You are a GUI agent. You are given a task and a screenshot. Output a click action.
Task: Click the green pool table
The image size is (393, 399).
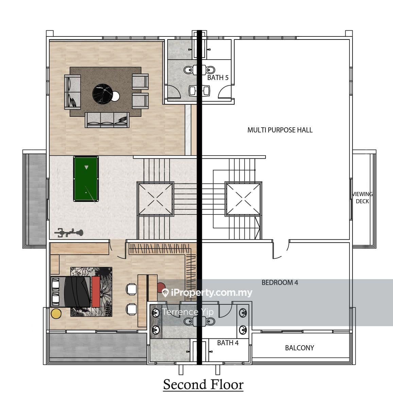tap(86, 179)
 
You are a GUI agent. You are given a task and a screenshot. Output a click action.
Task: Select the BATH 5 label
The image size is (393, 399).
tap(218, 78)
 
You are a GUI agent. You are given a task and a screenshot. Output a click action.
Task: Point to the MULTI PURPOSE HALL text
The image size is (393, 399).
tap(280, 130)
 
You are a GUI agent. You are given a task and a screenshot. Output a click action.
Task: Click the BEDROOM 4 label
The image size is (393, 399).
tap(279, 282)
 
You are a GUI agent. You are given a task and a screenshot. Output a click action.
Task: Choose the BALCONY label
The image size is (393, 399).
tap(299, 348)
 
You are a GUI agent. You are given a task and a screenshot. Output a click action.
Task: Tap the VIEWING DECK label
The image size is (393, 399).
tap(362, 197)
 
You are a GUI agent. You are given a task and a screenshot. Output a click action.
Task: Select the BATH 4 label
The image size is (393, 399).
tap(228, 343)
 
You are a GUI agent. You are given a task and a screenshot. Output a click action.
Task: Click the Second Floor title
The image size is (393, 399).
tap(203, 384)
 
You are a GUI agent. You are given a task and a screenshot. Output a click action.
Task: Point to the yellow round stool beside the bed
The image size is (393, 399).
tap(56, 313)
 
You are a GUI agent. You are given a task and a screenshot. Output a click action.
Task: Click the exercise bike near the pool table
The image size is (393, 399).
tap(69, 233)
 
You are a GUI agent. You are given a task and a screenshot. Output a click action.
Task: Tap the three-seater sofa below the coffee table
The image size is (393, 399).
tap(107, 120)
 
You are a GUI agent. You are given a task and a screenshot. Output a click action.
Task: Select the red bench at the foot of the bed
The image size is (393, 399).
tap(96, 291)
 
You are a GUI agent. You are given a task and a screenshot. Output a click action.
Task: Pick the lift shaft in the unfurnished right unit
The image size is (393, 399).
tap(243, 199)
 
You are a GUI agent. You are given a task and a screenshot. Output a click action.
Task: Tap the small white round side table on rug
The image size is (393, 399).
tap(116, 96)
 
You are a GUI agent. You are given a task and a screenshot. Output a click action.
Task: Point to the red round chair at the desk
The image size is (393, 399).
tap(161, 288)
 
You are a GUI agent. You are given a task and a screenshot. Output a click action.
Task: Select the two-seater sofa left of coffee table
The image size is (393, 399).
tap(72, 92)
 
